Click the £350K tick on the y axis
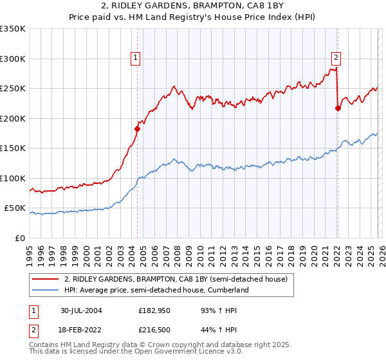[13, 29]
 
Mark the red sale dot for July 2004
[137, 129]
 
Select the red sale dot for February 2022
[338, 108]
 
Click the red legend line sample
[46, 279]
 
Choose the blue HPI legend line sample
[46, 290]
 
